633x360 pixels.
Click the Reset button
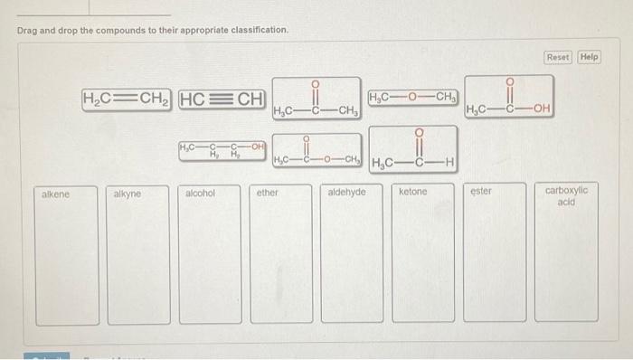coord(558,57)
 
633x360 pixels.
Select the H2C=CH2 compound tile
coord(128,98)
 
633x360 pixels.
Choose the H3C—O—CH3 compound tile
coord(412,97)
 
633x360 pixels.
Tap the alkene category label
coord(55,193)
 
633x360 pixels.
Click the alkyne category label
coord(128,194)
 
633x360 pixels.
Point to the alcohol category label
coord(200,193)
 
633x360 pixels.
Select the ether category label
coord(268,193)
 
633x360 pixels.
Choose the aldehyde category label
coord(346,193)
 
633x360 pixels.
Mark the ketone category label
coord(413,193)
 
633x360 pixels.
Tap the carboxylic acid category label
coord(566,196)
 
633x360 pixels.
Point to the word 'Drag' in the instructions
coord(28,31)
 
